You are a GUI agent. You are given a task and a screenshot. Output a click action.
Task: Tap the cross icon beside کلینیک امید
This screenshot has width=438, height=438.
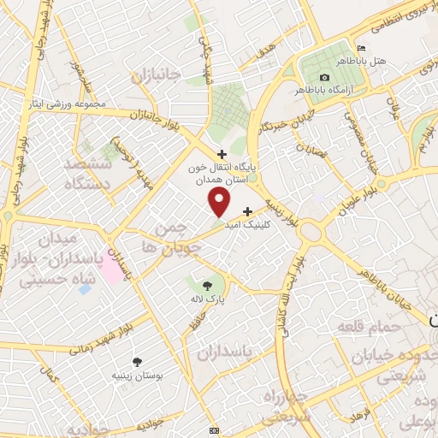[248, 210]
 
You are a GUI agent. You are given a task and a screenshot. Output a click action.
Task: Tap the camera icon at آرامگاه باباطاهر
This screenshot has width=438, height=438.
[324, 77]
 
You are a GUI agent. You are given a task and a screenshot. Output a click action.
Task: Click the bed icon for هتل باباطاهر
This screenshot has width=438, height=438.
[362, 48]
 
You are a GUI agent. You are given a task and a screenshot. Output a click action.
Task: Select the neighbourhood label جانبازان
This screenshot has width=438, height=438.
[157, 75]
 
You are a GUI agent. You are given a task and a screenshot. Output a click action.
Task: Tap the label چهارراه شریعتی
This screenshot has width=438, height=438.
[281, 407]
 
